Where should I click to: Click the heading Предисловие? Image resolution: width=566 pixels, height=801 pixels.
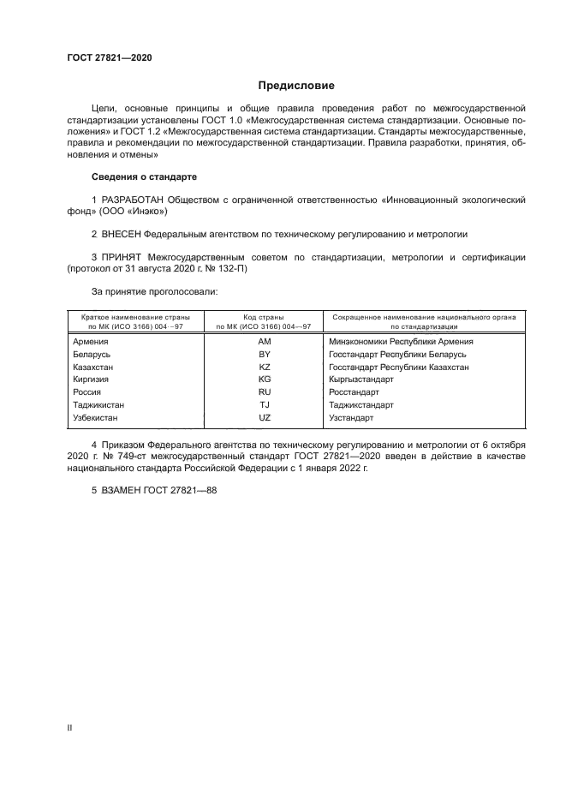coord(296,85)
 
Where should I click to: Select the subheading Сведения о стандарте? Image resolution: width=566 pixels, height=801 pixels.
coord(144,176)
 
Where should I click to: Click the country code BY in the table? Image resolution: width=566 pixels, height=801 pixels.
coord(265,354)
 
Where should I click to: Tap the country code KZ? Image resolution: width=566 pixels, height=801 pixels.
coord(265,367)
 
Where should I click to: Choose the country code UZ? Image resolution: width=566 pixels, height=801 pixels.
coord(265,418)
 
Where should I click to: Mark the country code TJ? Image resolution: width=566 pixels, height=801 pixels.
coord(265,405)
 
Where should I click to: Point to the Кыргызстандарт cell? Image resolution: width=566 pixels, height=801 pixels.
coord(360,380)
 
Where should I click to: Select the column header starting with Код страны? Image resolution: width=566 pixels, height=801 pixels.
coord(265,321)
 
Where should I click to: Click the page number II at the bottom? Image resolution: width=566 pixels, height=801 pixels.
coord(69,727)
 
